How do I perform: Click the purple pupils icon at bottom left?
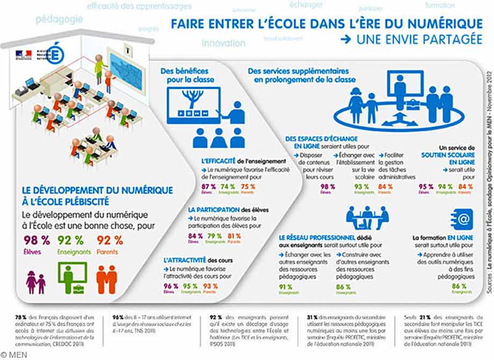click(36, 281)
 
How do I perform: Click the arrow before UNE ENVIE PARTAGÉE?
click(346, 39)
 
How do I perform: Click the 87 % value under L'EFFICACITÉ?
click(209, 187)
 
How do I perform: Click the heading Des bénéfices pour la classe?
click(187, 75)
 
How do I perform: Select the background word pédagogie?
click(59, 20)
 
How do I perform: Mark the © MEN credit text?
click(12, 355)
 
